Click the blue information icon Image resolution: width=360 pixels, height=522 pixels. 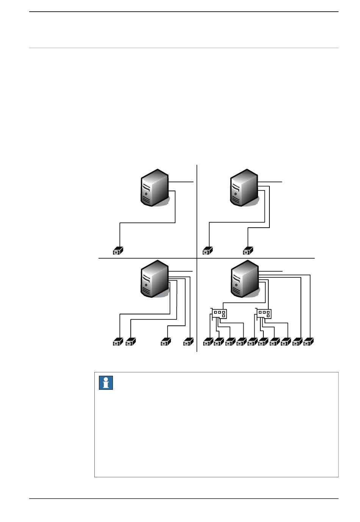106,383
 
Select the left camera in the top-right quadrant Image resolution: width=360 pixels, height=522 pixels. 208,251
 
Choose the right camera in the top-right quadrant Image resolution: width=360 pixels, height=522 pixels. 248,251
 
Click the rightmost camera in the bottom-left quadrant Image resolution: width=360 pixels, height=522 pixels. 188,342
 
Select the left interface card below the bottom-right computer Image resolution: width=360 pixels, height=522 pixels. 219,314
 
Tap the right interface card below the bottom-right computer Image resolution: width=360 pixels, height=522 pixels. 264,314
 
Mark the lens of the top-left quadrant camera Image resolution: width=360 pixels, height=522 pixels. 116,252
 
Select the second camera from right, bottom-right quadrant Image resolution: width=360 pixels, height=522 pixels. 298,342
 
